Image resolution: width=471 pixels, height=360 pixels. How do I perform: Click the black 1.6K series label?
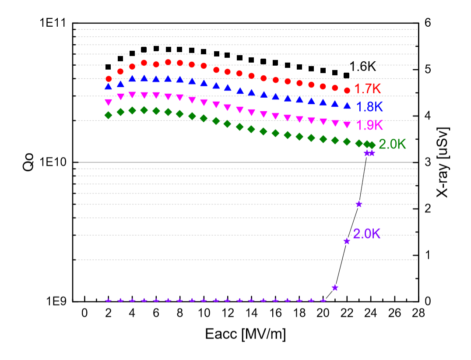pyautogui.click(x=362, y=67)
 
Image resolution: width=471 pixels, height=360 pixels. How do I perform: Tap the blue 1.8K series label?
pyautogui.click(x=369, y=107)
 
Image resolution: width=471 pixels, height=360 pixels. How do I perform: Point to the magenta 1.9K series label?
pyautogui.click(x=369, y=125)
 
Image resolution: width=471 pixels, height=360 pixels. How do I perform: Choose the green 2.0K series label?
pyautogui.click(x=392, y=144)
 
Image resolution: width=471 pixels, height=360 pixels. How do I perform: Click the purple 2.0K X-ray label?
pyautogui.click(x=366, y=234)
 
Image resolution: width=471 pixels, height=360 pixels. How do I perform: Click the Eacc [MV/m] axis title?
pyautogui.click(x=246, y=335)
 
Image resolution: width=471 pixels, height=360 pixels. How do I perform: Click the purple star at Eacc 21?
pyautogui.click(x=335, y=288)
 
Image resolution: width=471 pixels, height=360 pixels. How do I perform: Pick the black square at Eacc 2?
pyautogui.click(x=109, y=67)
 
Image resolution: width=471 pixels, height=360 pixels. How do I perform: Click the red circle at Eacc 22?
pyautogui.click(x=347, y=90)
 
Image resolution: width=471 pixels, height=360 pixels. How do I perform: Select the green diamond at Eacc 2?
pyautogui.click(x=109, y=115)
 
